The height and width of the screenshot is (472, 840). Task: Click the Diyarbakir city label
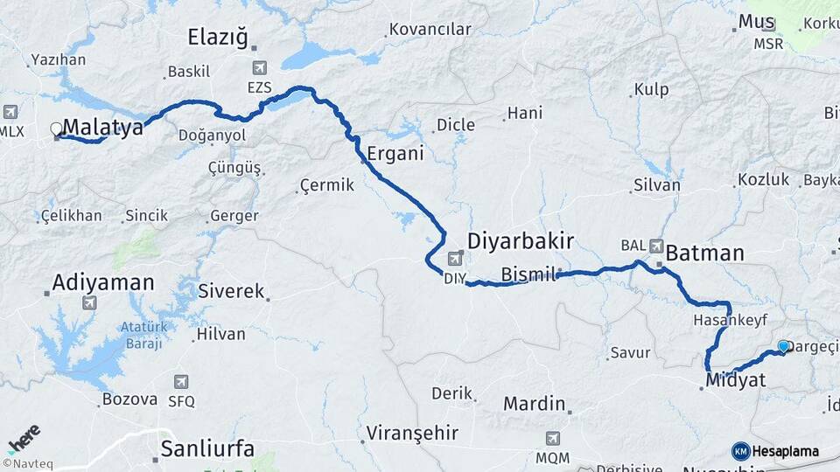coord(520,240)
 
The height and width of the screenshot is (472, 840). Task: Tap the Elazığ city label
coord(218,37)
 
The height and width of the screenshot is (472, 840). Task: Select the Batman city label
coord(704,253)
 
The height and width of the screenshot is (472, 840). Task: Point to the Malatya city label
coord(102,128)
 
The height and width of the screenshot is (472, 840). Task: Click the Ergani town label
coord(395,153)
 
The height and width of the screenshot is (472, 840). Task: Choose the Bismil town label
coord(528,275)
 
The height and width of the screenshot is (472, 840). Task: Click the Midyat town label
coord(735,380)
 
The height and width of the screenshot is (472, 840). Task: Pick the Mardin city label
coord(533,404)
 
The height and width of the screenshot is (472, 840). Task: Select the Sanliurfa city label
coord(207,449)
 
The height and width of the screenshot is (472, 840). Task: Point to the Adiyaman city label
coord(102,282)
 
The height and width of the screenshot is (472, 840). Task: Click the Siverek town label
coord(231,291)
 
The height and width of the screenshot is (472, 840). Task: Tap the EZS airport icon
coord(259,68)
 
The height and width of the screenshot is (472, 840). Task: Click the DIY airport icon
coord(455,259)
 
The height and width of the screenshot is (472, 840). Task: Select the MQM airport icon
coord(552,439)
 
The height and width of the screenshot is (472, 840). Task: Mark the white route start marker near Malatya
coord(57,129)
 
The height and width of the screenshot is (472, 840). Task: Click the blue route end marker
coord(783,347)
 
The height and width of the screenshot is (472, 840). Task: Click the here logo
coord(24,438)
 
